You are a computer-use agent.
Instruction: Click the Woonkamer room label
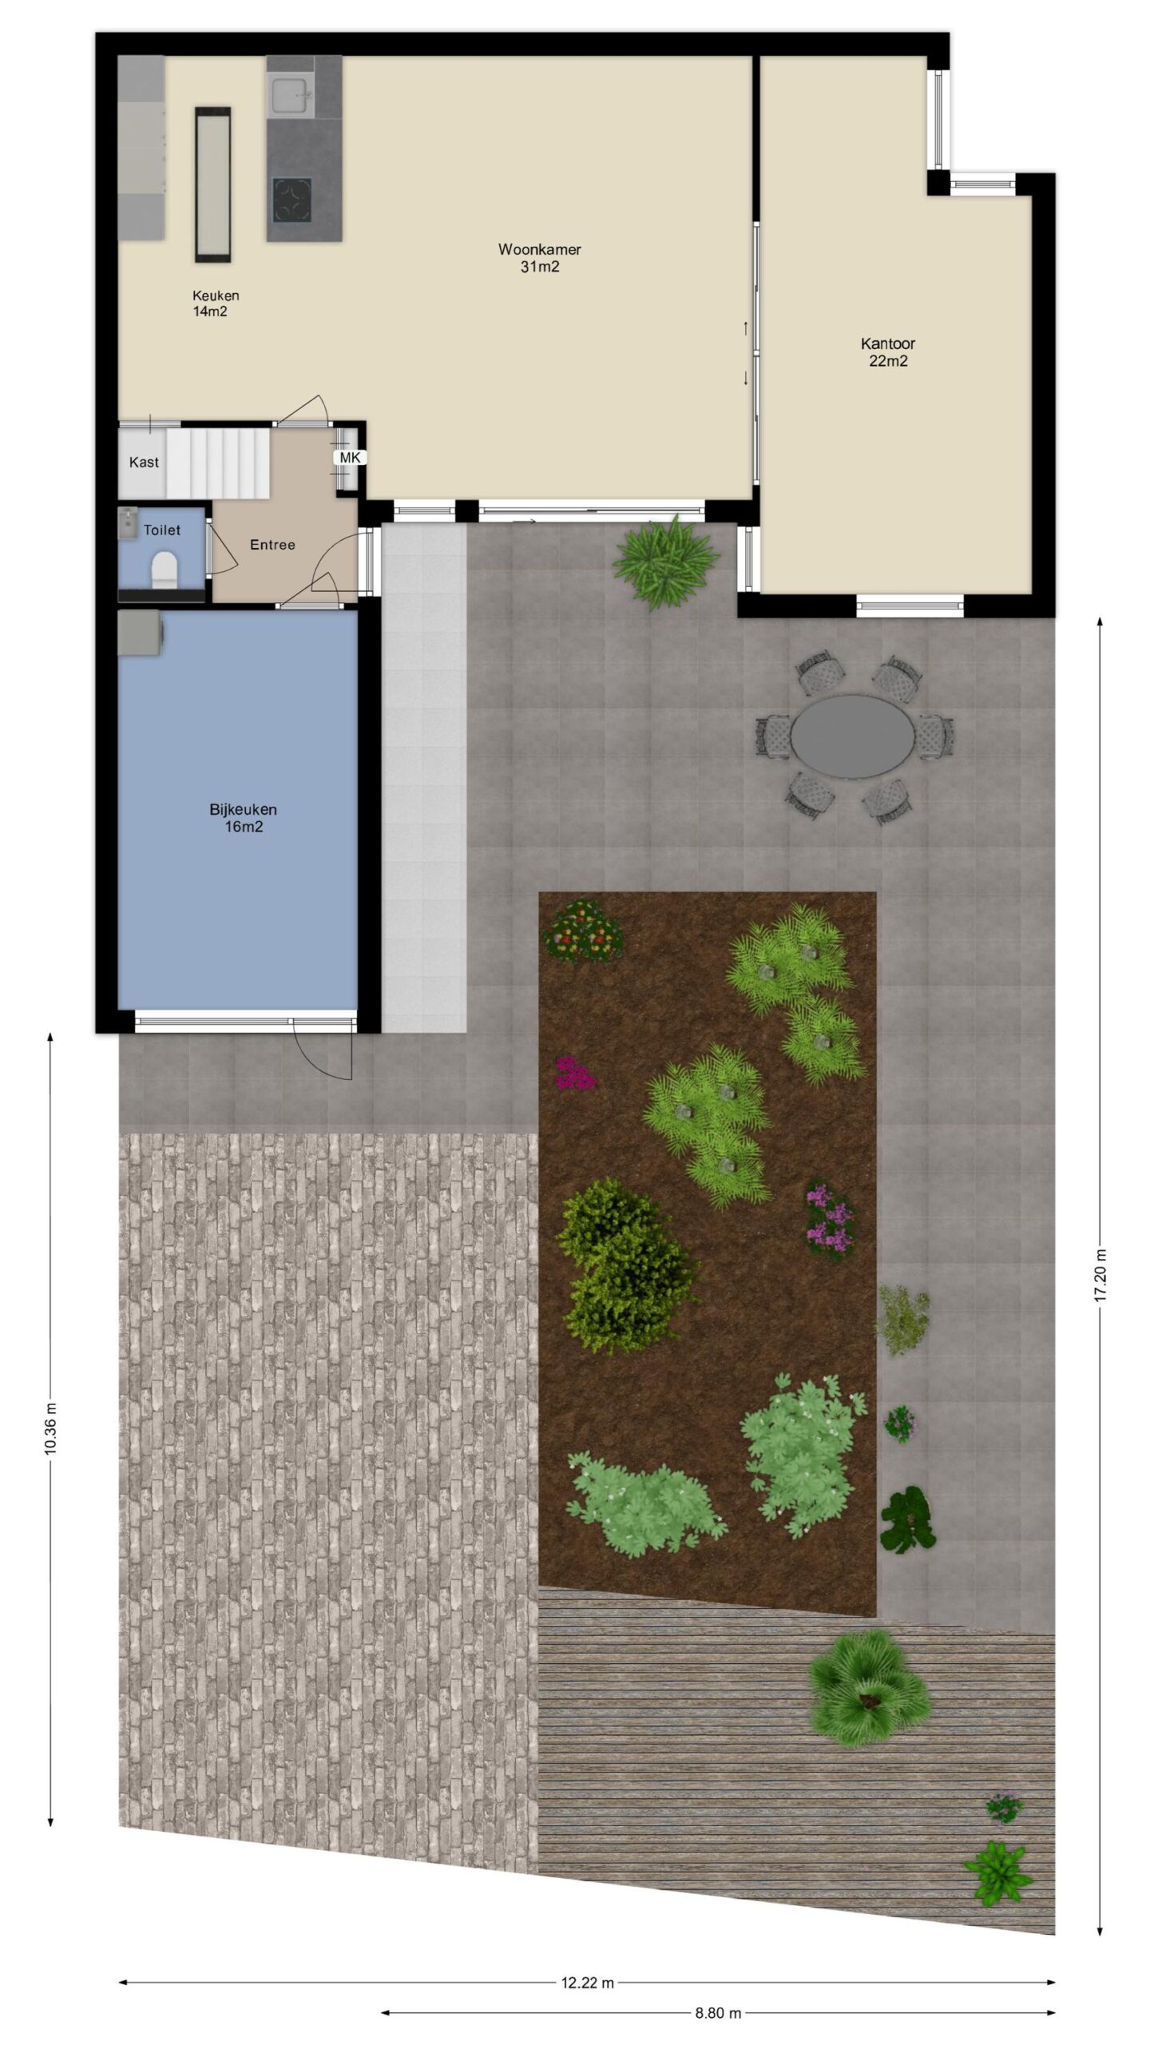tap(539, 249)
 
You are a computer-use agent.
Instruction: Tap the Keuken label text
tap(216, 296)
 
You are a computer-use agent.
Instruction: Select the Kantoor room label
tap(887, 343)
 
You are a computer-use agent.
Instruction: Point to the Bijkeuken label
tap(243, 809)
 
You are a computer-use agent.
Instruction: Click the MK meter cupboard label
tap(351, 458)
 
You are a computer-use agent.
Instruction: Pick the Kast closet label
tap(144, 462)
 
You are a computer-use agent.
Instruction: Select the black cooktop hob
tap(291, 198)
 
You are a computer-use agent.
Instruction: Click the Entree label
tap(272, 545)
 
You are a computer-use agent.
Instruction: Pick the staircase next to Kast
tap(219, 462)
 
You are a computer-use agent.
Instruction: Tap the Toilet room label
tap(162, 530)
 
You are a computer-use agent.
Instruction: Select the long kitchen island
tap(213, 185)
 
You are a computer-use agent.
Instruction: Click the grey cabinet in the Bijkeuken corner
tap(141, 633)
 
